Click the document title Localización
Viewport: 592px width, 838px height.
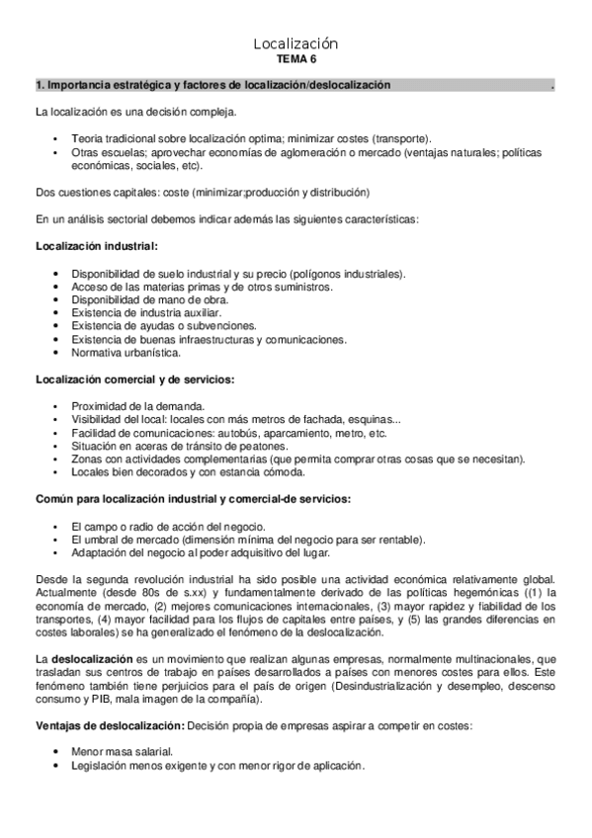coord(296,43)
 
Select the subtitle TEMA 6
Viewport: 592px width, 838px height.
coord(296,59)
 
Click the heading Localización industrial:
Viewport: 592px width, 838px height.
coord(96,244)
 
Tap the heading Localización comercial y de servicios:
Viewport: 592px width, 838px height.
coord(134,379)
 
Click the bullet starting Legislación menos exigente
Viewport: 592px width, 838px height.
coord(218,765)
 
